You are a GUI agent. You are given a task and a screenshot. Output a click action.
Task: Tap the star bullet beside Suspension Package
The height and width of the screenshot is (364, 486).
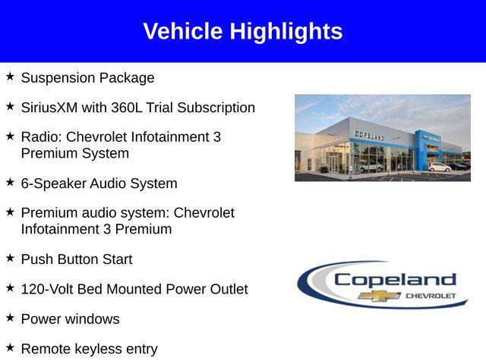10,77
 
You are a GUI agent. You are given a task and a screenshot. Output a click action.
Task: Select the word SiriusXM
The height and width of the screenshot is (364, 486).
50,108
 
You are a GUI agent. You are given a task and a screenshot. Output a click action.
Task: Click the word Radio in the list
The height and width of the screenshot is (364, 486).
39,137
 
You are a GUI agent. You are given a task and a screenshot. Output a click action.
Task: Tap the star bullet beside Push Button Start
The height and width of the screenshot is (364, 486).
10,258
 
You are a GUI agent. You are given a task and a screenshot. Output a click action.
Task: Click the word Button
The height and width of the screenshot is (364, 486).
79,259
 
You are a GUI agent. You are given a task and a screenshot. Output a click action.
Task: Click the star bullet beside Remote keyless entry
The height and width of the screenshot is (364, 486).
10,348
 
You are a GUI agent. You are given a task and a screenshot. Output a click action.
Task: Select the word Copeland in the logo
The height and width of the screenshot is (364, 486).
395,279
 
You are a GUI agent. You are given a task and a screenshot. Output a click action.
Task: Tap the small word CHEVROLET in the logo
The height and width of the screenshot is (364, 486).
431,295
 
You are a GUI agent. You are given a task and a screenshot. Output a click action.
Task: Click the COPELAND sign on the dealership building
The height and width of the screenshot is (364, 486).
369,135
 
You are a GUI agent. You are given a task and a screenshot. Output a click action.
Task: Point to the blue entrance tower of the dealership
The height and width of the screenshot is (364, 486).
422,148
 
